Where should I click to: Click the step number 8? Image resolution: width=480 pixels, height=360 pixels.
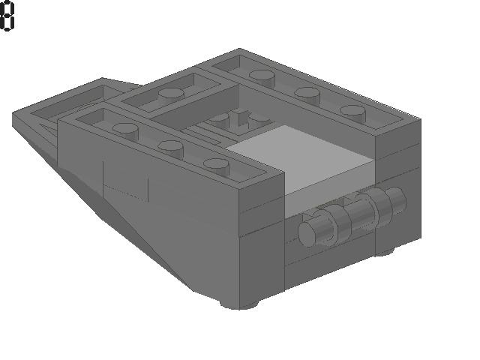click(7, 15)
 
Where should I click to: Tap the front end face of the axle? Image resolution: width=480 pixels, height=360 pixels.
click(308, 234)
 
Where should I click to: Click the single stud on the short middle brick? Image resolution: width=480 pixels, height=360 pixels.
click(171, 94)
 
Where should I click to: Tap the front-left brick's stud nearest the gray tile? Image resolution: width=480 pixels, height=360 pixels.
click(217, 166)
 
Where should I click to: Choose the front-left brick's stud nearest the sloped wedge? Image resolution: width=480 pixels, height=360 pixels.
click(125, 130)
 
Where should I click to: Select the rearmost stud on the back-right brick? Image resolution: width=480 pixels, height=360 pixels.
click(262, 76)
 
